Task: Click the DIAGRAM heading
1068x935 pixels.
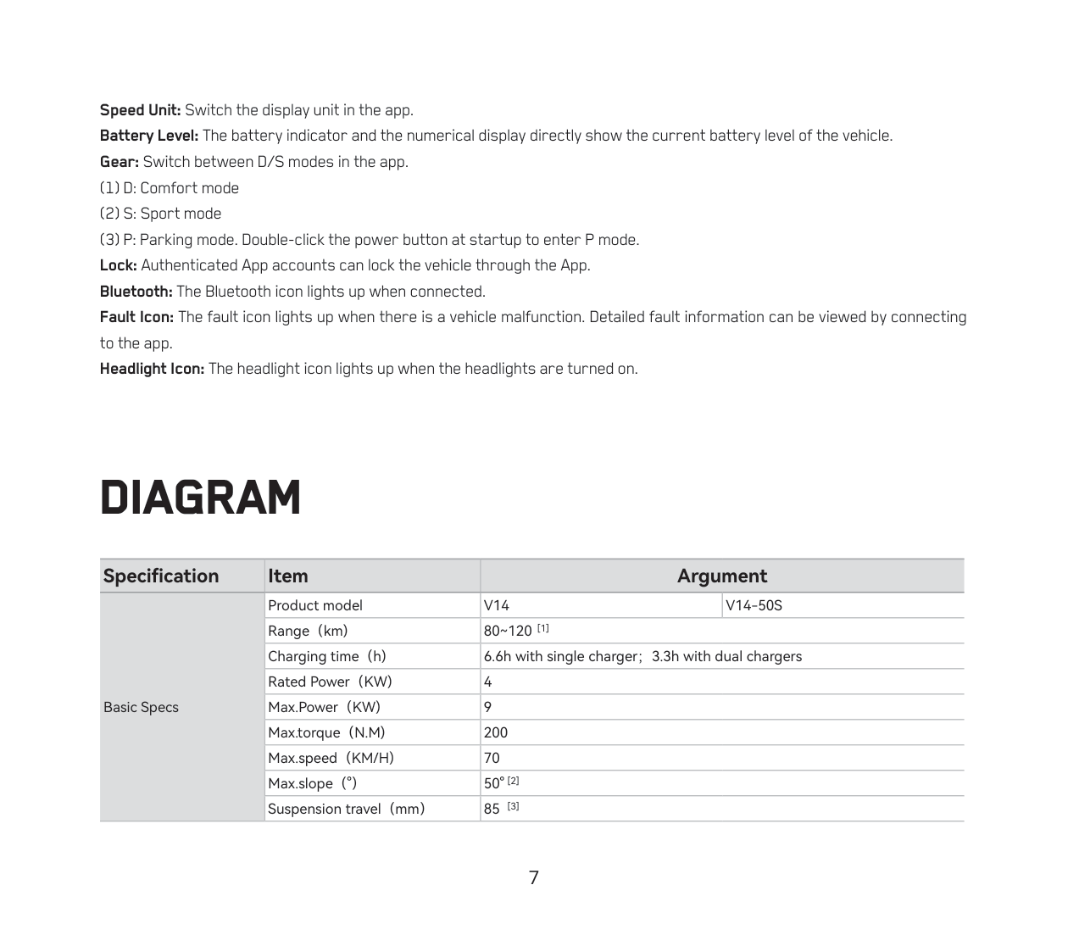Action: (x=200, y=498)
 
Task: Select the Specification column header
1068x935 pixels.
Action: (x=161, y=576)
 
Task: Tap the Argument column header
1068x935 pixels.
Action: (x=721, y=576)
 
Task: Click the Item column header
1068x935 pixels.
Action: (x=288, y=576)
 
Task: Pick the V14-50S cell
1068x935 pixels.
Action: (x=754, y=605)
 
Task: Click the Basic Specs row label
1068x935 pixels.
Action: (x=141, y=707)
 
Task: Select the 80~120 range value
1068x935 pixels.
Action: (x=508, y=631)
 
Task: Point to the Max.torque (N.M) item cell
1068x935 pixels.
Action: (x=326, y=732)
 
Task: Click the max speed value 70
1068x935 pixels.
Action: (x=492, y=758)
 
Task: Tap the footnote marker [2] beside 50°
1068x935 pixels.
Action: (x=514, y=781)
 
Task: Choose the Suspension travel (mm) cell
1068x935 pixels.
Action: (x=346, y=809)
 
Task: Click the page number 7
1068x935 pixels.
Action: (x=534, y=877)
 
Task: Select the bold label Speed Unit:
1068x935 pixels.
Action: (x=141, y=110)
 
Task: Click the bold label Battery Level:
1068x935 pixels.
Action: (x=149, y=136)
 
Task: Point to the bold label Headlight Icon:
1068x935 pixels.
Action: (x=153, y=369)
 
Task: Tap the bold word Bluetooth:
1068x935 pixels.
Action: (x=136, y=292)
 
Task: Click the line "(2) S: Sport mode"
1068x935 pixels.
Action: (x=161, y=214)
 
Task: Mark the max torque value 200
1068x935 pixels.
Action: (x=496, y=732)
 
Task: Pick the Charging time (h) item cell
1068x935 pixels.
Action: (x=327, y=656)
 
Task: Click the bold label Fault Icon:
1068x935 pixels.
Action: (x=137, y=317)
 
